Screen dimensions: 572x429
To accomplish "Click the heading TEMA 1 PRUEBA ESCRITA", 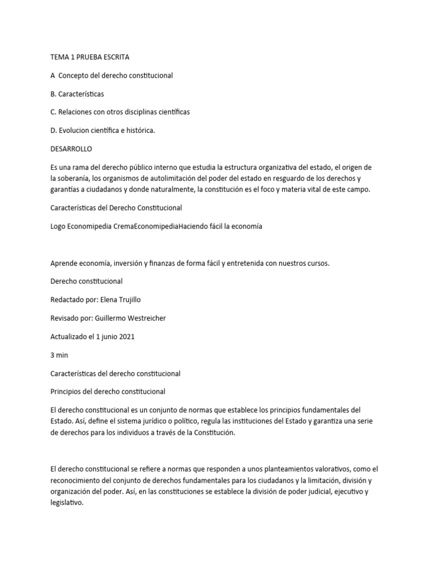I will pos(89,57).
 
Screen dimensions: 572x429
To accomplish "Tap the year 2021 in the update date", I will pos(126,336).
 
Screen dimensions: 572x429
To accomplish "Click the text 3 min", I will pos(59,355).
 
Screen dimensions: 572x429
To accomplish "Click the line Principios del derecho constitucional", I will pos(108,391).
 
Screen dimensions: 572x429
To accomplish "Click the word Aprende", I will pos(65,263).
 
